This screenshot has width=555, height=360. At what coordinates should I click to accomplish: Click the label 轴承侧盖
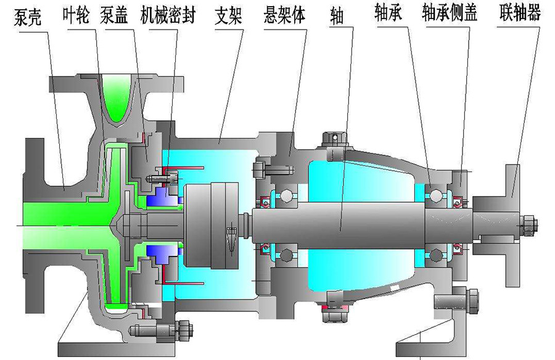(x=450, y=14)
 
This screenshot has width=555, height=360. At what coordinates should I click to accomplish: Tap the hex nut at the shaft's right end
(x=528, y=224)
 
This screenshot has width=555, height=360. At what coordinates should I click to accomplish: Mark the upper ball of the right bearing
(x=437, y=196)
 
